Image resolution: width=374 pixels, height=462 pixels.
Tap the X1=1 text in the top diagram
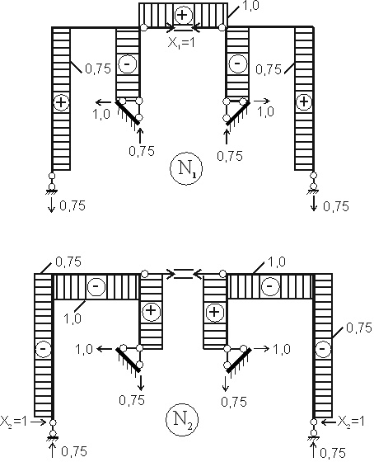pos(181,43)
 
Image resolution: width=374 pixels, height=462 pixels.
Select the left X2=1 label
pos(13,422)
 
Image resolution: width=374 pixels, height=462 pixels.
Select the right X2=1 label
pos(351,422)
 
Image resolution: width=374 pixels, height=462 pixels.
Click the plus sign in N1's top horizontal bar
pos(183,15)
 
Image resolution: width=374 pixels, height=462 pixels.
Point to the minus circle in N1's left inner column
pos(128,64)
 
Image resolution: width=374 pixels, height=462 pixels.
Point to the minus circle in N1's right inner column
pos(237,64)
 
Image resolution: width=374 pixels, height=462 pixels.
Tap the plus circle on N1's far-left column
pos(61,102)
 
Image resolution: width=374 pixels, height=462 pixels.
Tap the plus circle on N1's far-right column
pos(304,102)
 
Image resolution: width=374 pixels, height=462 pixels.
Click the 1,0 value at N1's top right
pos(250,6)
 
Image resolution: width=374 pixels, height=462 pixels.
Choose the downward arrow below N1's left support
pos(52,205)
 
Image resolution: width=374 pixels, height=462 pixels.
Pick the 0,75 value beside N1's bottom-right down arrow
pos(336,206)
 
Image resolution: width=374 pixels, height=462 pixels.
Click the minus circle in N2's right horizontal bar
pos(270,285)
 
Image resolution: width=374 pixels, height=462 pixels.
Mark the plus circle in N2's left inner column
pos(151,311)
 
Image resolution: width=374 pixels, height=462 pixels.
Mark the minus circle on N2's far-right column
pos(323,349)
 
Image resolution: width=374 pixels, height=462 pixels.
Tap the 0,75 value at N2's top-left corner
pos(68,262)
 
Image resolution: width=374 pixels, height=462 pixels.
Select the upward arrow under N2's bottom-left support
pos(53,451)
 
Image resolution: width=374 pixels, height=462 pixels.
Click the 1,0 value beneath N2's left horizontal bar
pos(72,318)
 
